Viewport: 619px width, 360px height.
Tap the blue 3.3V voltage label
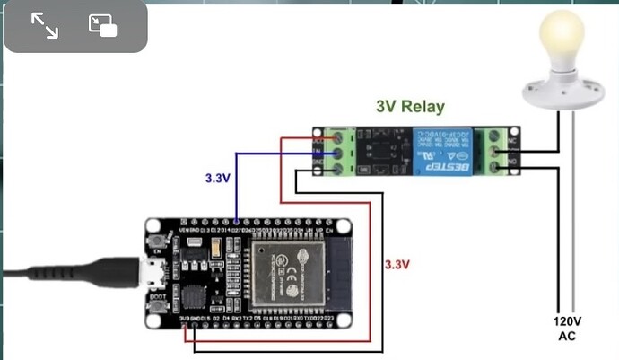pyautogui.click(x=218, y=179)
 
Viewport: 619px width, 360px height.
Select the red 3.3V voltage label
pyautogui.click(x=397, y=265)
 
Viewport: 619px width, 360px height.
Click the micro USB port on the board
pyautogui.click(x=153, y=273)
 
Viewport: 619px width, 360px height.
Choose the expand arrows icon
pyautogui.click(x=44, y=26)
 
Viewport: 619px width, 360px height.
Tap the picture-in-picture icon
pyautogui.click(x=103, y=26)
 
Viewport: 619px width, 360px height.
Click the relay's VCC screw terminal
pyautogui.click(x=338, y=139)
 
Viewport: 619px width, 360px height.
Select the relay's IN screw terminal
pyautogui.click(x=338, y=154)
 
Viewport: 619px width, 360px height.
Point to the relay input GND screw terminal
pyautogui.click(x=338, y=168)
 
